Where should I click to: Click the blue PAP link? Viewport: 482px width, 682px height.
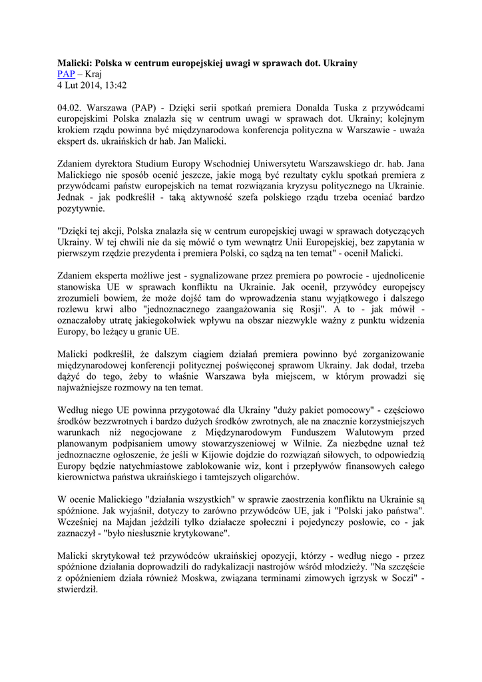pos(66,74)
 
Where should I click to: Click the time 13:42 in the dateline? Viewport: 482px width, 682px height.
pos(114,85)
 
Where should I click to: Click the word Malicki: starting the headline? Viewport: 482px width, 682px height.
pos(75,63)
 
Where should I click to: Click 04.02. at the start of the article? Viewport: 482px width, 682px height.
pos(71,107)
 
